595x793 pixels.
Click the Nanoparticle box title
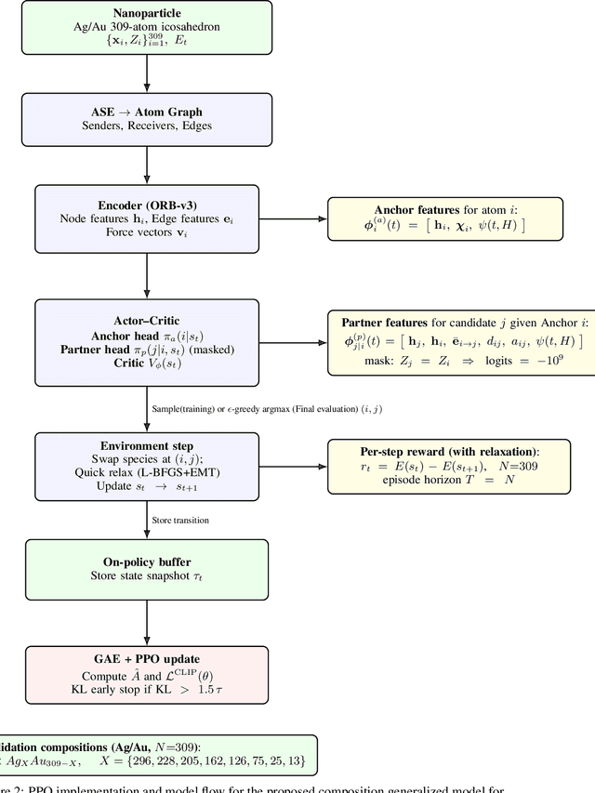pos(147,14)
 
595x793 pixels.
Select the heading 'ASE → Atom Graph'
pos(147,112)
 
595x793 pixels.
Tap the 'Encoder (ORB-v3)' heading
pos(147,205)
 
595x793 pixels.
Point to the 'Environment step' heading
pos(147,445)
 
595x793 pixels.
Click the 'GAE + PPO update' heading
pos(147,659)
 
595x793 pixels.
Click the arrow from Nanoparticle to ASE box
pos(147,71)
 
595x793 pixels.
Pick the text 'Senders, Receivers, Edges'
pos(147,126)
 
